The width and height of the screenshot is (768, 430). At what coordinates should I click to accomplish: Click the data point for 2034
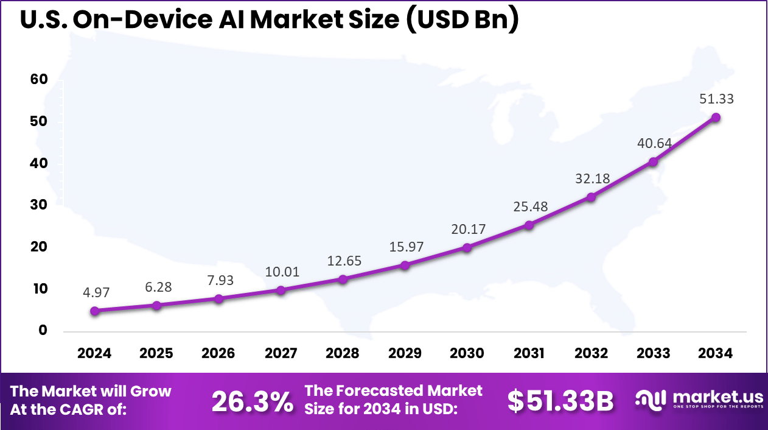tap(716, 117)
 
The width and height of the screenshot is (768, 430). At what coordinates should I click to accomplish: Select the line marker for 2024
tap(95, 311)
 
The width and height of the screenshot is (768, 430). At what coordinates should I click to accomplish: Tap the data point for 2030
tap(467, 247)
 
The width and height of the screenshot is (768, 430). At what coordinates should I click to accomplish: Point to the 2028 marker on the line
tap(343, 279)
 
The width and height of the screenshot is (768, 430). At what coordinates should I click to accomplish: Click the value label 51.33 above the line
tap(716, 99)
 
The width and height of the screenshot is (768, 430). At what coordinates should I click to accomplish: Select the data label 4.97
tap(95, 293)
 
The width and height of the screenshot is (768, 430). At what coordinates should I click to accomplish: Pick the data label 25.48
tap(529, 206)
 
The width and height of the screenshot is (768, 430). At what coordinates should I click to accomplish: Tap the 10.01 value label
tap(281, 272)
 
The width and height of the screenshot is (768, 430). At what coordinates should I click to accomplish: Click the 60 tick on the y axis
tap(38, 80)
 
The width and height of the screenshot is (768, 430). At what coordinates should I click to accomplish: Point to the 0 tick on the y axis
tap(42, 330)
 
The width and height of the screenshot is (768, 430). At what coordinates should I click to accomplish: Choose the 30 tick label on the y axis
tap(38, 205)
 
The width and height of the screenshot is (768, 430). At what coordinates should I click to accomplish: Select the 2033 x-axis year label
tap(653, 354)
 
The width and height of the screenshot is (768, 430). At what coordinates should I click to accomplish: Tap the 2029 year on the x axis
tap(405, 354)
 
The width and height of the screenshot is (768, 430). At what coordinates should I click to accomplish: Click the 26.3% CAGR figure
tap(252, 401)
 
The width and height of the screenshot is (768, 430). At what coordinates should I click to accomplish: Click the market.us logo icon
tap(651, 400)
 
